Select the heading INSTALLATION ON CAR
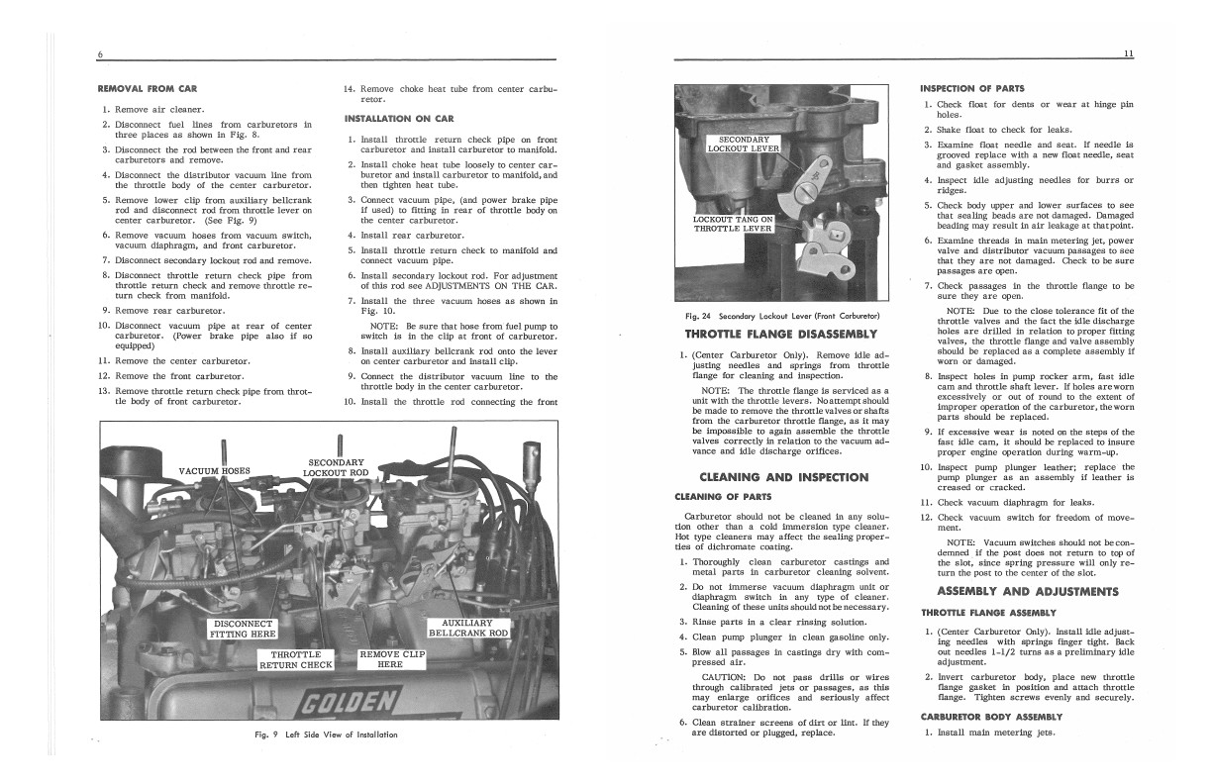[398, 119]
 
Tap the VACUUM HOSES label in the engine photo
[214, 470]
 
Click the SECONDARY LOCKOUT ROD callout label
[337, 467]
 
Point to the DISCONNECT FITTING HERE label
[243, 628]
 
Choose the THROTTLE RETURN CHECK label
[295, 659]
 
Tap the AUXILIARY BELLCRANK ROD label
[467, 628]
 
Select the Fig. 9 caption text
[327, 734]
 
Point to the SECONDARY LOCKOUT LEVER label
[744, 145]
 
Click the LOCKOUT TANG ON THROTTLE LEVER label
[732, 223]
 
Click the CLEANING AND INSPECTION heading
[783, 476]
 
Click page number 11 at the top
[1128, 52]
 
